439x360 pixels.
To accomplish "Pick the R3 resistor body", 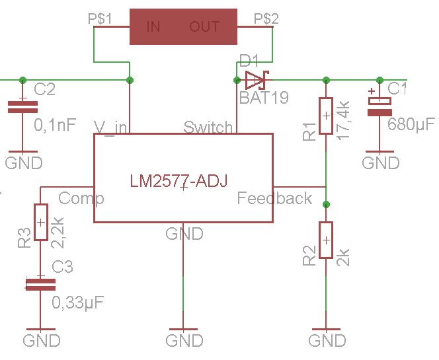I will pos(41,222).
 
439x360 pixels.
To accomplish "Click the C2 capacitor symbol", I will pos(22,106).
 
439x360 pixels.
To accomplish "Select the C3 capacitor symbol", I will pos(41,285).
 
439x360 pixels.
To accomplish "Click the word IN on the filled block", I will pos(153,26).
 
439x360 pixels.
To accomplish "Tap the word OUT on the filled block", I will pos(204,26).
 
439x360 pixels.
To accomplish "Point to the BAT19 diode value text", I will pos(264,98).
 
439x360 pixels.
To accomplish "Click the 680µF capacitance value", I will pos(410,125).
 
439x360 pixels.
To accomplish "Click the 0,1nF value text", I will pos(55,123).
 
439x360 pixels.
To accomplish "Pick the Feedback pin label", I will pos(274,198).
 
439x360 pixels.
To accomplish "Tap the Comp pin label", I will pos(81,198).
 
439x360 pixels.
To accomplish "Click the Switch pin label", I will pos(208,127).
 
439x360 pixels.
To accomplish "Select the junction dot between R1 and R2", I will pos(326,203).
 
